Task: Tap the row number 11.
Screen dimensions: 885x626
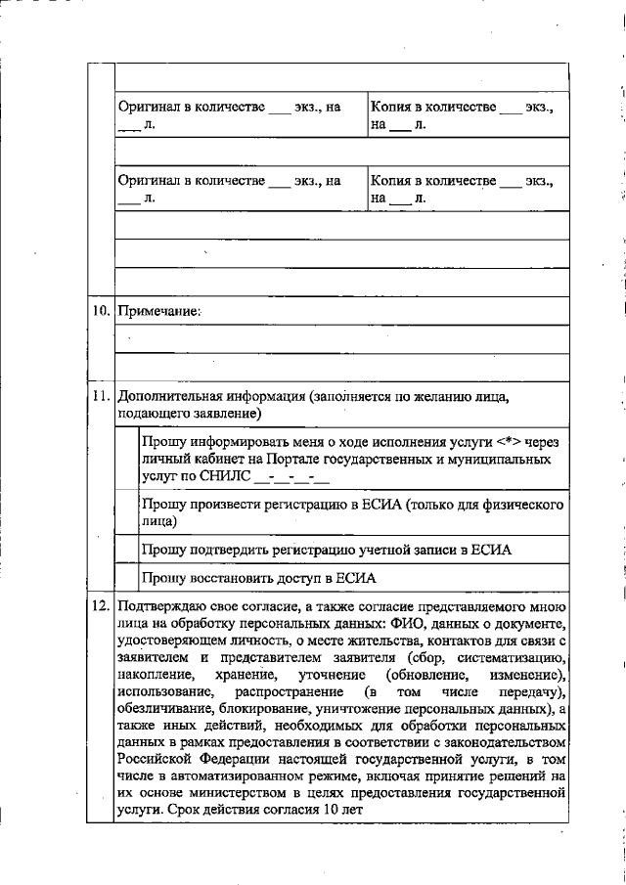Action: click(x=99, y=397)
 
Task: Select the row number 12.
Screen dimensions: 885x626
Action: click(x=99, y=606)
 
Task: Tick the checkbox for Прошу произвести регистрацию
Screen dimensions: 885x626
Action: click(x=126, y=513)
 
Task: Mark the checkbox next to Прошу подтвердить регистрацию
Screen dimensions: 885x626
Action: click(x=126, y=550)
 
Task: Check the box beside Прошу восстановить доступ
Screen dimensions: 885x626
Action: click(x=126, y=578)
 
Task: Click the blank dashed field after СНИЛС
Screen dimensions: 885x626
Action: click(x=291, y=479)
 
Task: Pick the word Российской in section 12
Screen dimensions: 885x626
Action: click(x=156, y=757)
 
